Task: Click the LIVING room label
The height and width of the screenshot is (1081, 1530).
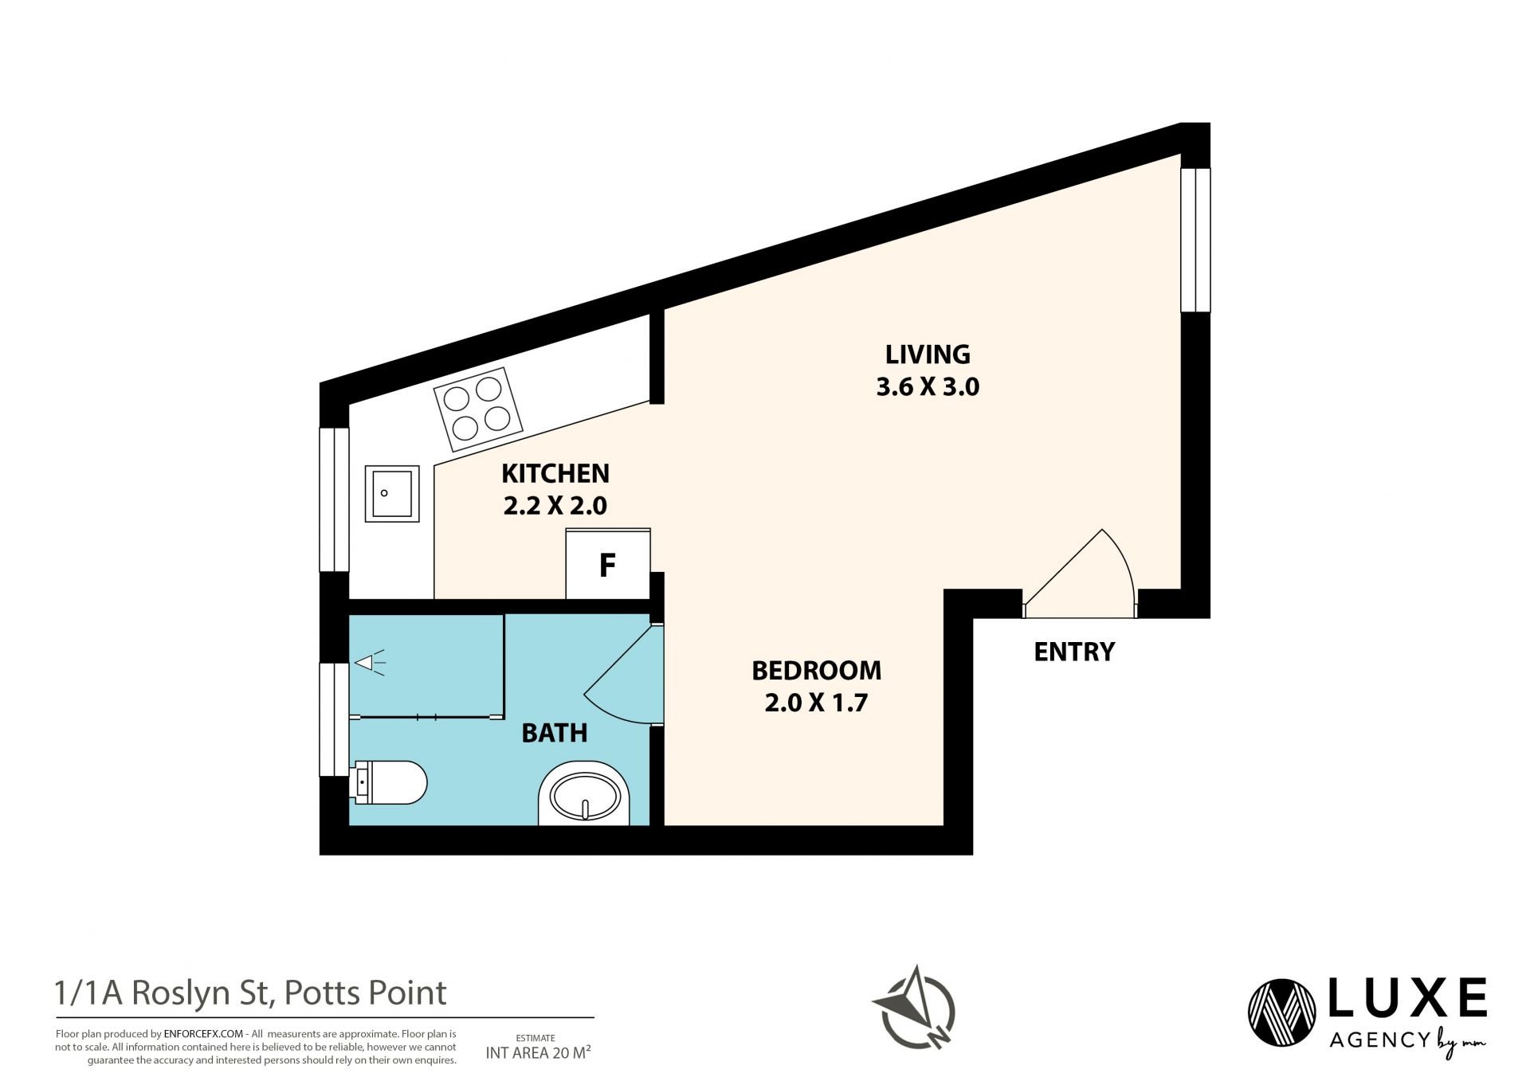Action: [928, 354]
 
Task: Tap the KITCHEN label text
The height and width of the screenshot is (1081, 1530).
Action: [555, 473]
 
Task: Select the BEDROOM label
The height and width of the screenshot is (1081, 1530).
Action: [817, 671]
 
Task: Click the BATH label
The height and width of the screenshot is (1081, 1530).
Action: [555, 733]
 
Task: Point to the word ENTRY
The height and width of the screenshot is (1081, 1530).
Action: [1074, 652]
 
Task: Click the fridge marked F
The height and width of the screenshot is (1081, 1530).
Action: [608, 564]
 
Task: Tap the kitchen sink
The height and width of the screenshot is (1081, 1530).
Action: [392, 494]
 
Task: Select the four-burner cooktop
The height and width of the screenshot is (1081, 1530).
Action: [478, 409]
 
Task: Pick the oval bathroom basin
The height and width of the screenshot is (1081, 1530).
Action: [585, 793]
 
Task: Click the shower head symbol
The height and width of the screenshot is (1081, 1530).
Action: [370, 663]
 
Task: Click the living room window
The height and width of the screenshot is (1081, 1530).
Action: [1195, 240]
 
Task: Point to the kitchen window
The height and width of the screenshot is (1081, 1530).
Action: [335, 499]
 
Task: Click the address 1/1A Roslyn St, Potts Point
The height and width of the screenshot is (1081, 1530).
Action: [251, 993]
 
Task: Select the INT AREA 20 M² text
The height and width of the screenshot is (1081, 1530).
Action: [539, 1053]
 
